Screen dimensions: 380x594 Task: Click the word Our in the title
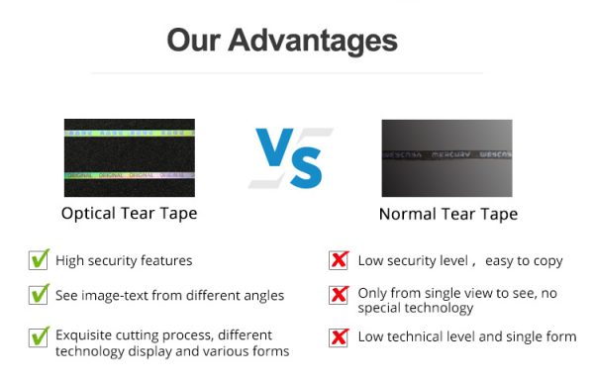tap(193, 41)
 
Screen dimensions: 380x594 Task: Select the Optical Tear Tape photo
tap(129, 158)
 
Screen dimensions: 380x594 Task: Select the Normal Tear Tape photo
tap(446, 158)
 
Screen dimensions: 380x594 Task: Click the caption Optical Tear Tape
tap(129, 214)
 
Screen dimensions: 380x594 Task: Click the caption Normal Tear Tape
tap(447, 214)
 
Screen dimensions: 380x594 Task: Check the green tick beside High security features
tap(39, 260)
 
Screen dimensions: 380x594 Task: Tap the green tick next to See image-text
tap(39, 294)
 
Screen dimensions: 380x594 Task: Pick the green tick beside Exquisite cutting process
tap(39, 336)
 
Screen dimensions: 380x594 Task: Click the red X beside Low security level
tap(339, 260)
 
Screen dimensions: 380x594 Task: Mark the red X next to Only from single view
tap(339, 295)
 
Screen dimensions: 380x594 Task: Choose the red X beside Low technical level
tap(339, 336)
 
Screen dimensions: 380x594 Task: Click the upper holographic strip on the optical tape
tap(129, 132)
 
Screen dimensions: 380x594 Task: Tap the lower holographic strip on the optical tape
tap(129, 175)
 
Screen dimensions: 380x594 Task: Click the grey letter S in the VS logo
tap(308, 165)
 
